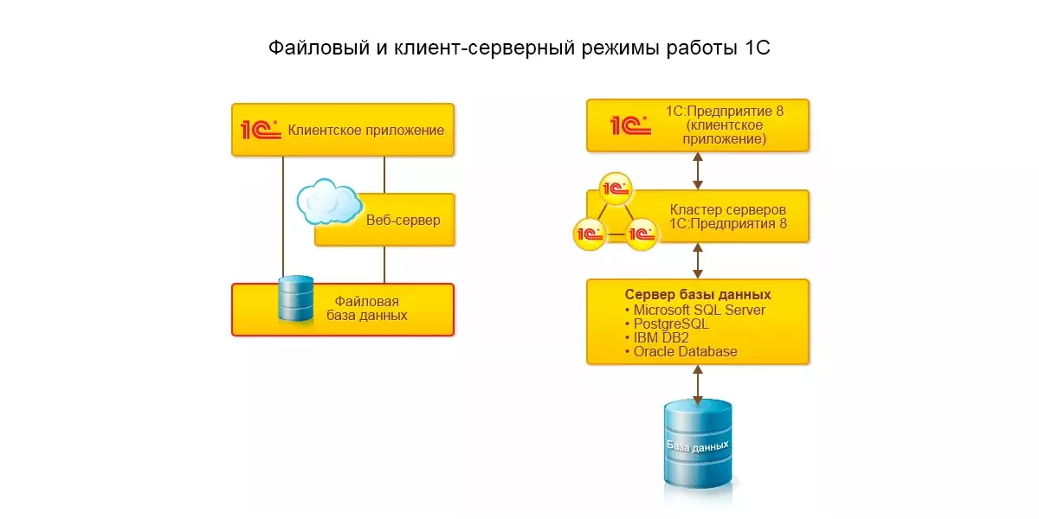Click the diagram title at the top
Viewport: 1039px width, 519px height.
[519, 47]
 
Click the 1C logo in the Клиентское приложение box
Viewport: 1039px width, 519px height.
[261, 130]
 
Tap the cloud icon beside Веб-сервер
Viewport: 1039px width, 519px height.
[328, 202]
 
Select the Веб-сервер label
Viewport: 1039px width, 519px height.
[403, 220]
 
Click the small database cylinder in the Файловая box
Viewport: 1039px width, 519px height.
[295, 298]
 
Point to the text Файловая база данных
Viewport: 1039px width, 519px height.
[367, 308]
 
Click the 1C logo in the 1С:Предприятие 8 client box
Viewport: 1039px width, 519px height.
[630, 125]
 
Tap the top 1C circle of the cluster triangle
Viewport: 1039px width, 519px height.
[615, 188]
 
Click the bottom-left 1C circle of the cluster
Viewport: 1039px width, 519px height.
[589, 233]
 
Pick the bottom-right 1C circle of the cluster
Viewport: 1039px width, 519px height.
[642, 233]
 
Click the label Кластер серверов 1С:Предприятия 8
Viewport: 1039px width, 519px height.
[728, 217]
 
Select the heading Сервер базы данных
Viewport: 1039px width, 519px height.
[698, 294]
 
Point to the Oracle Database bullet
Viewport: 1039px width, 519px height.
[684, 351]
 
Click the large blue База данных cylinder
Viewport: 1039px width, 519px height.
[698, 443]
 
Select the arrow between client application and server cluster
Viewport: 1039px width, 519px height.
[698, 170]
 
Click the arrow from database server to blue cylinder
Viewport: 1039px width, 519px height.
[698, 381]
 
